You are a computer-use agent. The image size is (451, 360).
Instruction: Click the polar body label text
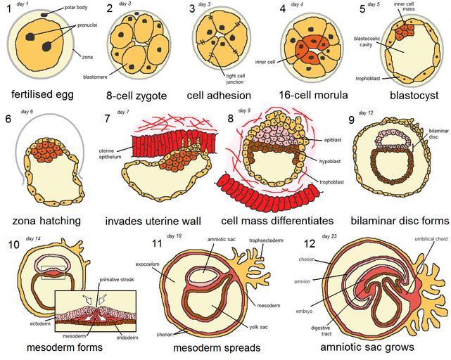[x=67, y=8]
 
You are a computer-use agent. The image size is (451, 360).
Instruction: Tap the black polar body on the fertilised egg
[x=45, y=14]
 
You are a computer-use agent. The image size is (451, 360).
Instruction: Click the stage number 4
[x=282, y=8]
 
